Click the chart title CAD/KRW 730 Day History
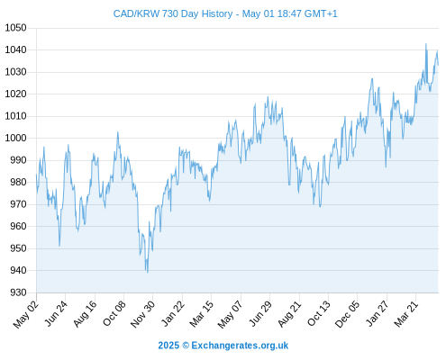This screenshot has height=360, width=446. [x=173, y=13]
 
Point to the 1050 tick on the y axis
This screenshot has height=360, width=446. [x=15, y=28]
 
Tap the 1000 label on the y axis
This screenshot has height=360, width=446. [x=15, y=138]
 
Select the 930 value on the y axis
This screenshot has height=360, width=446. [x=19, y=292]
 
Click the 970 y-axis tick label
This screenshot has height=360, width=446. [x=19, y=204]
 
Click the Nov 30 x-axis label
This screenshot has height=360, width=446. [x=143, y=313]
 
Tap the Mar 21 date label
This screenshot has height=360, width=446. [x=406, y=313]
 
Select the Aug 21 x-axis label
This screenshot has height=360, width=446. [x=290, y=313]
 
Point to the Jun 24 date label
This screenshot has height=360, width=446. [x=56, y=313]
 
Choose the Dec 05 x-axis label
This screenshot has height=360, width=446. [x=348, y=314]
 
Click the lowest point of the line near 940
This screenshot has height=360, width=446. [x=148, y=273]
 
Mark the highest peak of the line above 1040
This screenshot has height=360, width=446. [x=426, y=44]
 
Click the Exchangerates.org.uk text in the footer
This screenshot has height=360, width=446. [x=240, y=346]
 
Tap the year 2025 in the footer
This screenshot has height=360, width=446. [x=168, y=346]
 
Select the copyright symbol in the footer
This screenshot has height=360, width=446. [x=186, y=346]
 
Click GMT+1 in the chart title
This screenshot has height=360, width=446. [x=321, y=13]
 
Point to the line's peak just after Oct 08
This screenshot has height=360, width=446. [x=118, y=132]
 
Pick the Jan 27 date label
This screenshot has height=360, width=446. [x=378, y=313]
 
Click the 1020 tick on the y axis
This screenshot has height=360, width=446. [x=15, y=94]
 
